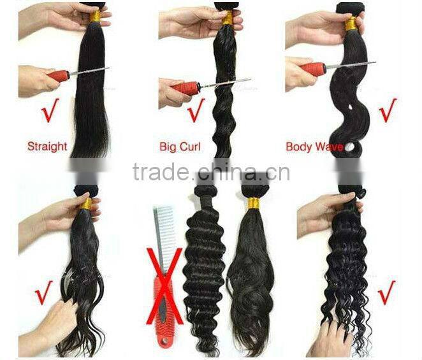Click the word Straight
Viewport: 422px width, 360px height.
pos(47,146)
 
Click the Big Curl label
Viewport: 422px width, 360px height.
pos(180,147)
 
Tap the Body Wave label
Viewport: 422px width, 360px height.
pos(315,147)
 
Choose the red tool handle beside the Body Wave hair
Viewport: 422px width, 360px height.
pos(314,68)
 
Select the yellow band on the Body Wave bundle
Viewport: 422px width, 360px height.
pos(350,24)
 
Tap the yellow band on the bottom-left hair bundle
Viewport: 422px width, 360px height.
pos(87,204)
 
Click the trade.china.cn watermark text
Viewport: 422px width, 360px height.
pos(211,171)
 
